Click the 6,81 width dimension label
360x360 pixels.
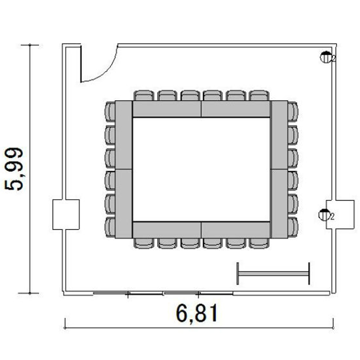(x=197, y=313)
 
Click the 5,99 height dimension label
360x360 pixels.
(x=14, y=169)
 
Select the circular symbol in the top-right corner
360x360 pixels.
(x=326, y=57)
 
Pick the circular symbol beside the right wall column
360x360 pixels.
(x=324, y=215)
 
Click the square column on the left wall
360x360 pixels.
(x=66, y=215)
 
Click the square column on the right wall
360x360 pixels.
(x=340, y=215)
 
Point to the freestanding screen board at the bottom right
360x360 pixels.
(x=273, y=274)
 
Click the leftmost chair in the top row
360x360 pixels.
(x=144, y=96)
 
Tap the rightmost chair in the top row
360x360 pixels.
(x=259, y=96)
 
